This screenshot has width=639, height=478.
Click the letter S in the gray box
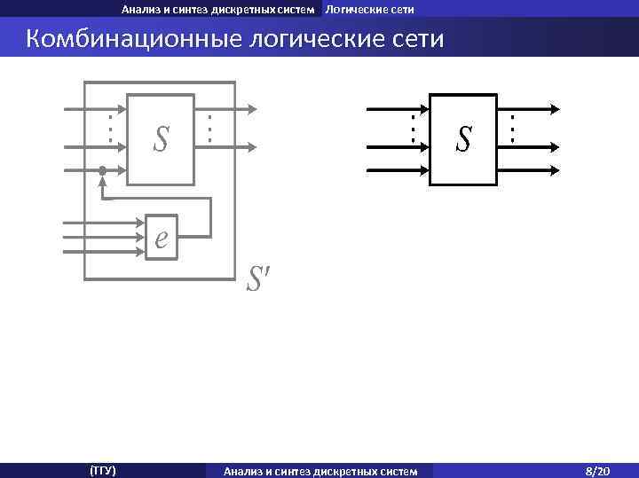[161, 137]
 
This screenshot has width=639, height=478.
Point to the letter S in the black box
[463, 137]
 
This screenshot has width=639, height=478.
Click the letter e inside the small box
[161, 238]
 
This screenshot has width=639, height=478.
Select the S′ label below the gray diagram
[256, 281]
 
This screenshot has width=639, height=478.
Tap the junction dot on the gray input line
[103, 169]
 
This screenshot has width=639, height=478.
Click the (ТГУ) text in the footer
[103, 470]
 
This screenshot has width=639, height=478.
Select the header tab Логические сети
[369, 9]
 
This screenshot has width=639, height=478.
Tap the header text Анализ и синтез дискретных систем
[217, 9]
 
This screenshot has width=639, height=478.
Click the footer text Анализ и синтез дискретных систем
[320, 470]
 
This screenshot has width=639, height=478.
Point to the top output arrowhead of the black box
[556, 110]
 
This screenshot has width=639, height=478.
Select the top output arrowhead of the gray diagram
[253, 110]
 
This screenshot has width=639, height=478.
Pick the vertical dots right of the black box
[512, 129]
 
